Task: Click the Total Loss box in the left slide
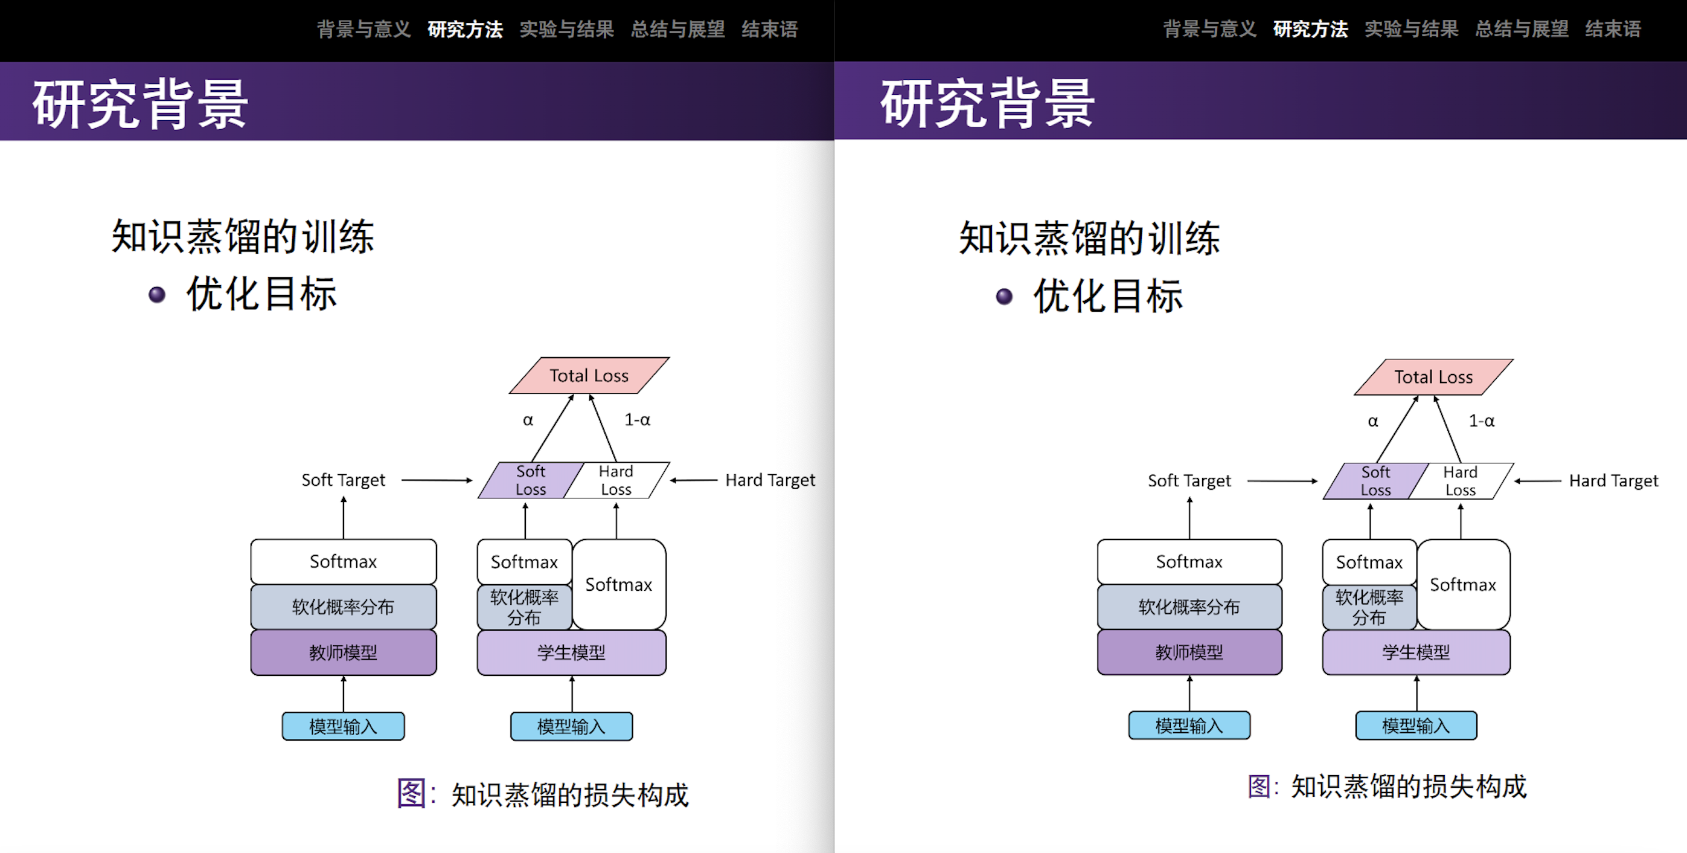pos(589,375)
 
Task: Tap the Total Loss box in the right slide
pos(1433,377)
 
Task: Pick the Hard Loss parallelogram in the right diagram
pos(1461,481)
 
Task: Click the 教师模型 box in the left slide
pos(343,652)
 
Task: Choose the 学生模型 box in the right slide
pos(1416,652)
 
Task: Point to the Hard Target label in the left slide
pos(770,480)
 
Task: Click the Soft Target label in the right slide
pos(1189,481)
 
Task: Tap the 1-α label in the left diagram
pos(637,420)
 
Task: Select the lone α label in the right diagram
pos(1372,421)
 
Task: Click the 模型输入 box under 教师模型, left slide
pos(343,726)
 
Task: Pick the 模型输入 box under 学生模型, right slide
pos(1416,726)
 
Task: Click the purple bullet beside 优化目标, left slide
pos(157,295)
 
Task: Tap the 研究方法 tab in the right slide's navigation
pos(1310,30)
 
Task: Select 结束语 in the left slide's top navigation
pos(769,30)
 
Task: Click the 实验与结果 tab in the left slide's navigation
pos(566,30)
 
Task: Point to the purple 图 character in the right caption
pos(1260,786)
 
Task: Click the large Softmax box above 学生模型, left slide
pos(619,584)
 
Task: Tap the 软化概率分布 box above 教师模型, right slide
pos(1189,607)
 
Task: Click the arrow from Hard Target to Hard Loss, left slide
pos(694,480)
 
